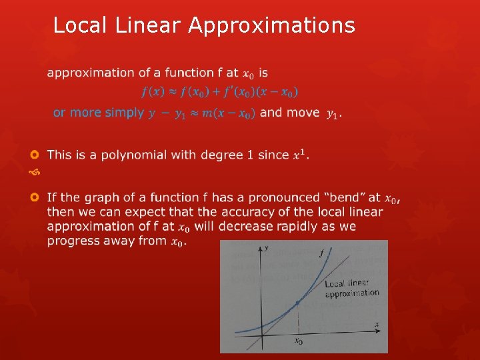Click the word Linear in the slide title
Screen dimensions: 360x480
pos(151,25)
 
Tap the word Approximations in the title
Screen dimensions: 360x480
pos(271,26)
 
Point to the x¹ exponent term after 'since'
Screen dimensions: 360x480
pos(301,154)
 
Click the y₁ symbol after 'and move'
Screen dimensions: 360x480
pos(332,115)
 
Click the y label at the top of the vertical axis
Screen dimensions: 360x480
pos(266,248)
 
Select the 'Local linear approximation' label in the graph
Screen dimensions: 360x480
pos(351,288)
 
